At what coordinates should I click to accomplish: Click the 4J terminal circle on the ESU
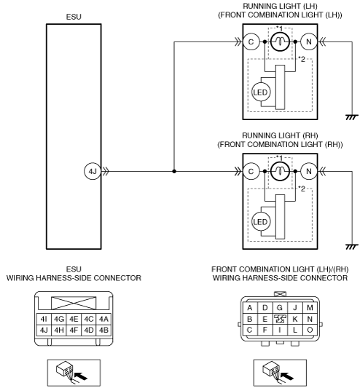(93, 171)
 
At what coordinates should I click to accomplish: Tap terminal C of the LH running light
(251, 41)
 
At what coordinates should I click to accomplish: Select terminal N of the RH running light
(309, 171)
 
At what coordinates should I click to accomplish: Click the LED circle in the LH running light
(260, 92)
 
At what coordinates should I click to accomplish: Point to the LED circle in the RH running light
(260, 222)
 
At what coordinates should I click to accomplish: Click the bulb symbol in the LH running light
(280, 41)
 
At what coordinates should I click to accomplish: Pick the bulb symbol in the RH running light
(280, 171)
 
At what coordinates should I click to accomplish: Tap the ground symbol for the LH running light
(352, 117)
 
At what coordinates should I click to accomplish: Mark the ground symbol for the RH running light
(352, 247)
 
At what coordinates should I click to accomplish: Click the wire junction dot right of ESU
(174, 171)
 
